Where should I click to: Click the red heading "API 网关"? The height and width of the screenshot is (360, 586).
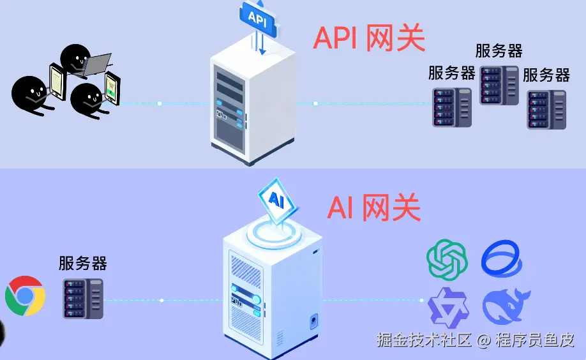(369, 38)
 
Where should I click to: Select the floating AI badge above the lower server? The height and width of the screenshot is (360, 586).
(276, 200)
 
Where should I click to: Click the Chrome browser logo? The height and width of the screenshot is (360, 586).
(25, 296)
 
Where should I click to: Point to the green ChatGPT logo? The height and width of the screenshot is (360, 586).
(447, 259)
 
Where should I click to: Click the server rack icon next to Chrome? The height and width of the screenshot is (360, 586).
(83, 298)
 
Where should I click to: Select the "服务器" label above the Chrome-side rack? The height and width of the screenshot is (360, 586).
(83, 263)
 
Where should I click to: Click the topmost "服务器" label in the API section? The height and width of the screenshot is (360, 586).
(499, 51)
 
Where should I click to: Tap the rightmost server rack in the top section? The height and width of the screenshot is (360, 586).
(546, 109)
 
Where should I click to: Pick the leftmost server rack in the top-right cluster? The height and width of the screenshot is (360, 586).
(452, 107)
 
